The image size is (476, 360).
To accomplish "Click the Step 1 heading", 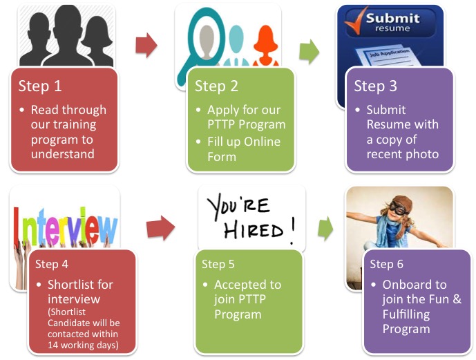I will pos(39,86).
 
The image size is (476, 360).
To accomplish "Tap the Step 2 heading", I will pos(216,86).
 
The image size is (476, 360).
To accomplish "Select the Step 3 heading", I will pos(375,86).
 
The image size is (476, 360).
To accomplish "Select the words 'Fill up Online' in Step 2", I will pos(244,142).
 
